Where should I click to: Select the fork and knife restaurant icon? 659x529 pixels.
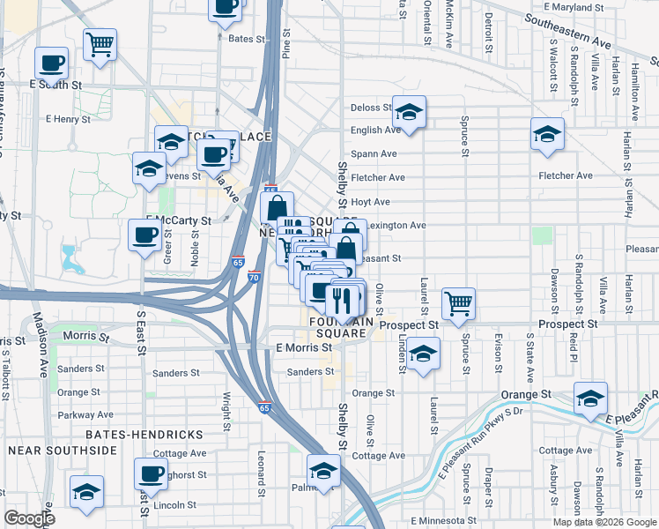343,300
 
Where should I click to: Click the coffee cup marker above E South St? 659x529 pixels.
51,63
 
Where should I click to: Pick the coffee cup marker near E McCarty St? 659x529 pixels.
145,235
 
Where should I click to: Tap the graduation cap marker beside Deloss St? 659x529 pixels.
409,112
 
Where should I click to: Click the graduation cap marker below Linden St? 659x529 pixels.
424,354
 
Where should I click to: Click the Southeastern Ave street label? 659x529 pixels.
568,30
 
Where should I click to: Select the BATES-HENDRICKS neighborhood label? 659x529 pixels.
144,435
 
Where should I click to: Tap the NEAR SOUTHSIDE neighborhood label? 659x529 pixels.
63,451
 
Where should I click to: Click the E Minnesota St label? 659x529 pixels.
447,521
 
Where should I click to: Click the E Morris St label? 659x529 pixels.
303,347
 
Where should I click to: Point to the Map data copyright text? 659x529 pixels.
603,521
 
